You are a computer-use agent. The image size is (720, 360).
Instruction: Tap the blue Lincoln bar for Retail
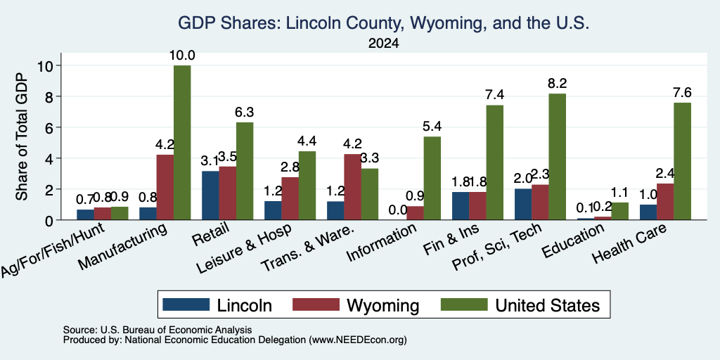pos(210,195)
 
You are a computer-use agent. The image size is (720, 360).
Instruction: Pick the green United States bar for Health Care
pos(682,161)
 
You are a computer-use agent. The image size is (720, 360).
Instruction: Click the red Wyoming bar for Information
pos(415,213)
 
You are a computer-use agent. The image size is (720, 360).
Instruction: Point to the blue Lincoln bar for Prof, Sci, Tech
pos(523,205)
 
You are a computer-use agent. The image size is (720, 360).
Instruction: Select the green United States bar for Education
pos(619,211)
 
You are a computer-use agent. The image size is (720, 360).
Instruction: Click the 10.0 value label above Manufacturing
pos(182,56)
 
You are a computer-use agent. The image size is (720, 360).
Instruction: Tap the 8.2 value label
pos(557,84)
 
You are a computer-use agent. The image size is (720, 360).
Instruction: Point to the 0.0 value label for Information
pos(398,210)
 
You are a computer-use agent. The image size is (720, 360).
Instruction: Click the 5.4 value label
pos(432,127)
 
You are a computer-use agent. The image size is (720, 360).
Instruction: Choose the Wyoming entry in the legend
pos(356,305)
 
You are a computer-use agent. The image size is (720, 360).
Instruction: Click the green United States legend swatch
pos(464,304)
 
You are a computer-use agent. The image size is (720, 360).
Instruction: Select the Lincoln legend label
pos(244,305)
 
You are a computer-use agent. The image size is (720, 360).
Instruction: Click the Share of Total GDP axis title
pos(22,136)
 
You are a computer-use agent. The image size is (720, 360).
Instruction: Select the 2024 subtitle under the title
pos(383,44)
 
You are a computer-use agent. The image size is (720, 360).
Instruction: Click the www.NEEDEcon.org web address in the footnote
pos(358,340)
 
